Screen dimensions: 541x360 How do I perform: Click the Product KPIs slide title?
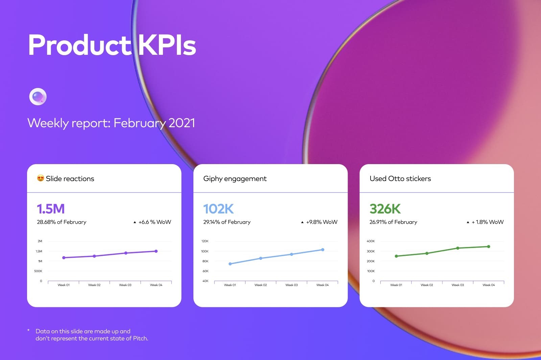tap(112, 45)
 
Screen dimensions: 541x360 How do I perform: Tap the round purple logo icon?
tap(38, 97)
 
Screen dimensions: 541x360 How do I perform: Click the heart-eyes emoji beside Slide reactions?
tap(41, 178)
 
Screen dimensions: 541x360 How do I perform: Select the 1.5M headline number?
tap(51, 209)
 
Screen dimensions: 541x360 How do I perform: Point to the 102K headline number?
tap(218, 209)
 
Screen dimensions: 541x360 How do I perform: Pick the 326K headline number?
tap(385, 209)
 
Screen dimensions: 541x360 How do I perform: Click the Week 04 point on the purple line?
tap(156, 251)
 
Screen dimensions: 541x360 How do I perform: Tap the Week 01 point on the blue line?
tap(230, 264)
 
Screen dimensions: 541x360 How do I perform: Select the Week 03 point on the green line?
tap(458, 248)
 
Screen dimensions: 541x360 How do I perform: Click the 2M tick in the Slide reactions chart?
tap(40, 241)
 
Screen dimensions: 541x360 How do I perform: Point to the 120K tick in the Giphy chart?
tap(205, 241)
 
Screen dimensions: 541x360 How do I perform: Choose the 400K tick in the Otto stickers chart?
tap(371, 241)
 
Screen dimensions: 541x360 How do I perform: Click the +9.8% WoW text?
tap(322, 222)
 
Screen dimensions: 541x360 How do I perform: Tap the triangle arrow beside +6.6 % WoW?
tap(135, 222)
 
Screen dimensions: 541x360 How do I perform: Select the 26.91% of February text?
tap(393, 222)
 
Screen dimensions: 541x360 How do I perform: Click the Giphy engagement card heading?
tap(235, 179)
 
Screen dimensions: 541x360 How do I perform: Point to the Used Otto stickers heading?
tap(400, 179)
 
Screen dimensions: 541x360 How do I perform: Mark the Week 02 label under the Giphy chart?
tap(261, 285)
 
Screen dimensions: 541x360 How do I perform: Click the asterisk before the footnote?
tap(28, 330)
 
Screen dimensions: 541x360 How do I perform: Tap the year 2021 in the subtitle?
tap(182, 123)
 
